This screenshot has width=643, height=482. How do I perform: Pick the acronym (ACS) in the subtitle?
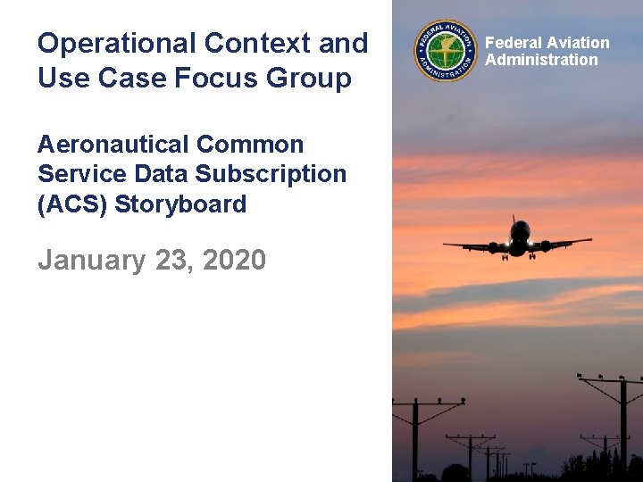coord(71,204)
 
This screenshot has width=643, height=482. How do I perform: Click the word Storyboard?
coord(180,204)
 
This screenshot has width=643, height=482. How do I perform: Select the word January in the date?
coord(91,260)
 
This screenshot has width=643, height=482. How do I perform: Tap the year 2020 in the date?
coord(234,260)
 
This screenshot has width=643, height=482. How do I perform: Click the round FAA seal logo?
coord(446,52)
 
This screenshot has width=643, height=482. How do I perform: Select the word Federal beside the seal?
coord(514,43)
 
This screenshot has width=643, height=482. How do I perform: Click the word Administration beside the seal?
coord(541,60)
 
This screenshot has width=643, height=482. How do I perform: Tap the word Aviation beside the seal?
coord(578,43)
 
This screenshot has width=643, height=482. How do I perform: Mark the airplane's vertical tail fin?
coord(515,221)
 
